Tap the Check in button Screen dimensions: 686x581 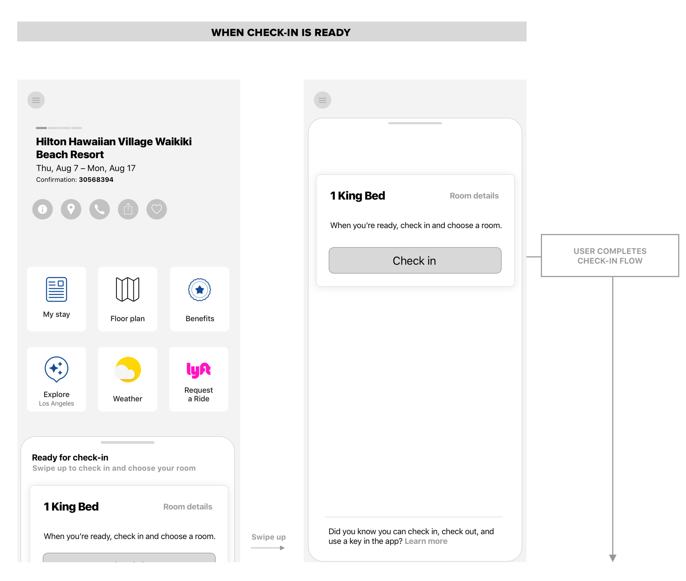click(x=415, y=260)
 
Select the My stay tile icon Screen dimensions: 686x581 click(x=56, y=289)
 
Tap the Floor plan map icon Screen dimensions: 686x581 click(x=127, y=289)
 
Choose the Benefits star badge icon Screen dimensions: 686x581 click(x=199, y=290)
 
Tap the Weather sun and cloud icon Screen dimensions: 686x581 click(x=128, y=370)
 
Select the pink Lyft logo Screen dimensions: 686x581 click(x=198, y=370)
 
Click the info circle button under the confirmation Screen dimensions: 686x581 click(x=43, y=209)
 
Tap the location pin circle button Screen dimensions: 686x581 click(x=71, y=209)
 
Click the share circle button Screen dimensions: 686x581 click(x=128, y=209)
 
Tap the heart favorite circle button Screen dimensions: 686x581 click(x=157, y=209)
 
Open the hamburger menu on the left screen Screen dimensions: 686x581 click(x=36, y=100)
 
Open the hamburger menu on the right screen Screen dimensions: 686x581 click(x=322, y=100)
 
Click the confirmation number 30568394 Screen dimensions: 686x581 click(x=96, y=180)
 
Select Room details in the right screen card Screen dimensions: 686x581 click(x=474, y=196)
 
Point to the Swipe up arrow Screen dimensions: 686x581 click(x=268, y=548)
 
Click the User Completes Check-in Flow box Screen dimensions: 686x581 click(x=609, y=255)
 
